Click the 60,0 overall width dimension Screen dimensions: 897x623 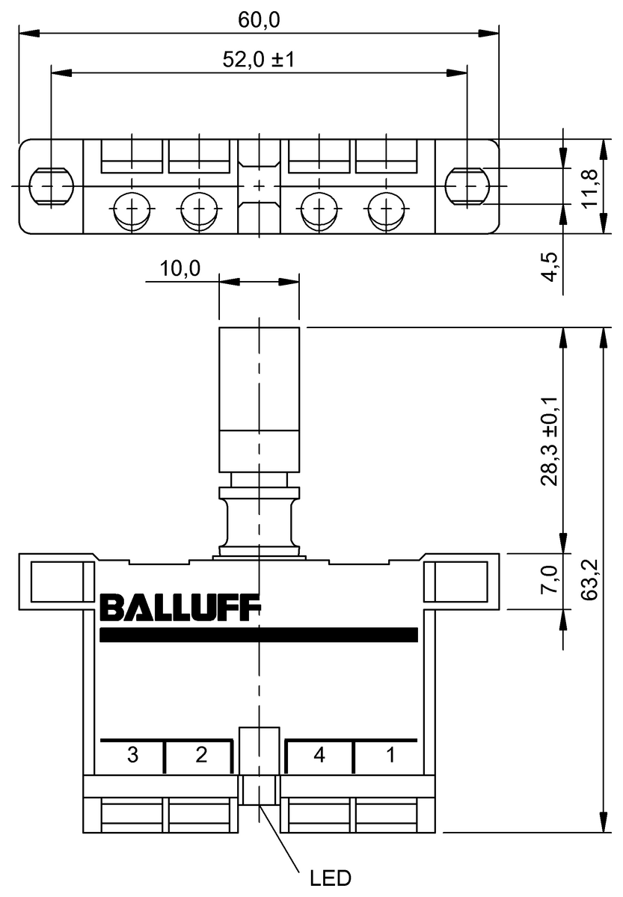(259, 21)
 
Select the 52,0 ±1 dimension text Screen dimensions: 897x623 (259, 61)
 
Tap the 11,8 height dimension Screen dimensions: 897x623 (591, 187)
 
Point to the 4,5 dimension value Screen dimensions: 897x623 (550, 266)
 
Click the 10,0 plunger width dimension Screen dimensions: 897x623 (179, 269)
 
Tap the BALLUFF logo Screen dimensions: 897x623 (179, 608)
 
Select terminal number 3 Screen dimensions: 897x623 (132, 756)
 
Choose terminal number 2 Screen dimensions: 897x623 (200, 756)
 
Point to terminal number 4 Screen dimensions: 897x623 (319, 756)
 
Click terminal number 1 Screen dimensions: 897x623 (390, 756)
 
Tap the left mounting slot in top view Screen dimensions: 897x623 (50, 185)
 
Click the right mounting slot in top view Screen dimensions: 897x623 (467, 185)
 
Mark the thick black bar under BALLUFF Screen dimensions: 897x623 (258, 635)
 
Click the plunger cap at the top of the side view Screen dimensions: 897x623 (259, 377)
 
